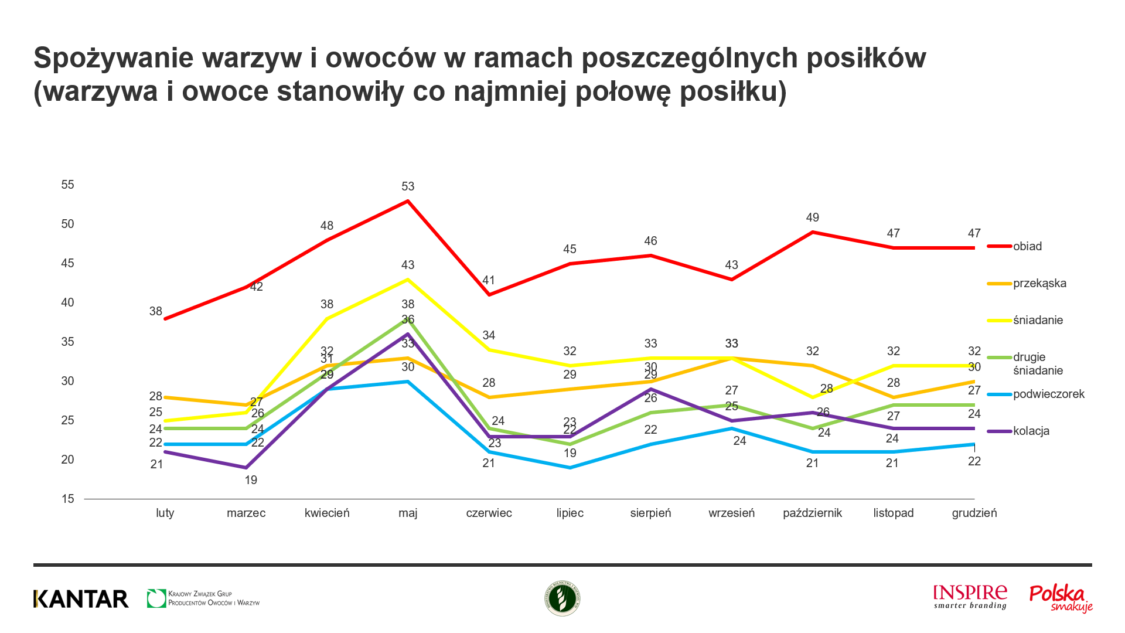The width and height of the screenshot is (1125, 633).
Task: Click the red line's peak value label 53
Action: point(408,186)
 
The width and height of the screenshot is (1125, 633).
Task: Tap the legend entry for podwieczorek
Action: point(1048,394)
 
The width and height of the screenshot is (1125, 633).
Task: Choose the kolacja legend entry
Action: point(1031,431)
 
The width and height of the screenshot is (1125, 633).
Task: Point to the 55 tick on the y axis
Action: point(68,185)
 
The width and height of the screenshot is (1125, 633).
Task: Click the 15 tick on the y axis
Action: point(68,499)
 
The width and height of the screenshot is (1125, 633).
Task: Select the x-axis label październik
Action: point(812,513)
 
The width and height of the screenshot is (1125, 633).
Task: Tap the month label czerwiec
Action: point(489,513)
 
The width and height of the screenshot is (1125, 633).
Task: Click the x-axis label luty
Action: point(165,513)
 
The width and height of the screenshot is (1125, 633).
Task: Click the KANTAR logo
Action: point(81,598)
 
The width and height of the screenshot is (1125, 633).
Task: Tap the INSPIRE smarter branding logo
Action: point(970,597)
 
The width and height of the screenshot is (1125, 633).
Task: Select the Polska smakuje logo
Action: point(1061,598)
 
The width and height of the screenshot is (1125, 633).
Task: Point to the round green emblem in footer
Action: point(562,598)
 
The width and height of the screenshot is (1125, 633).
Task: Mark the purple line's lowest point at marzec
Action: point(246,467)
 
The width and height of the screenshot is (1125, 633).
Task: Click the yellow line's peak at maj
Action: point(408,280)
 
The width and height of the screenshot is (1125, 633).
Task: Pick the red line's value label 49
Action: point(812,217)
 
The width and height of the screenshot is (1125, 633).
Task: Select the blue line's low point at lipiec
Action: point(570,467)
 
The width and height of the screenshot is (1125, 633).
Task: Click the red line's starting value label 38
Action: point(155,311)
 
